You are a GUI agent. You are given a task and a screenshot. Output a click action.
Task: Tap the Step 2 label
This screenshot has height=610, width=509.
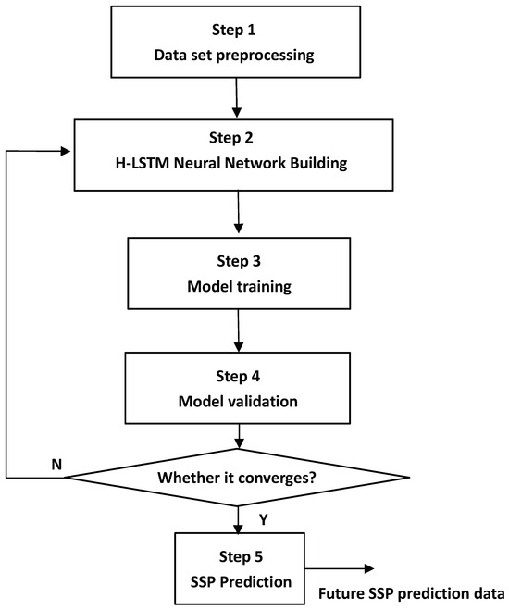tap(240, 140)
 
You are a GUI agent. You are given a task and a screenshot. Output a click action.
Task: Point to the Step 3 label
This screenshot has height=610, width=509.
tap(240, 260)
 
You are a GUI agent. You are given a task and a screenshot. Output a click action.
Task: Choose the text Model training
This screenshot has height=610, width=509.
tap(240, 287)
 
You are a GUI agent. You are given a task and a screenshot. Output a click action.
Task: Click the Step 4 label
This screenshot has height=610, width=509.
tap(240, 376)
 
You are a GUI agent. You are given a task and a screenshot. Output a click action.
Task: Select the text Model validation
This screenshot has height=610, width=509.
tap(240, 403)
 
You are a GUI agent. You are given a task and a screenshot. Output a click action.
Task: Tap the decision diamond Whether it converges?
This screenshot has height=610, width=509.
tap(240, 478)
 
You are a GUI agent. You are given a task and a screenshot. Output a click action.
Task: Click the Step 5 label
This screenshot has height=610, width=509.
tap(240, 557)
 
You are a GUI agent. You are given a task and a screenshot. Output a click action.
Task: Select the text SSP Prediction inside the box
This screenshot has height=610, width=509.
tap(240, 583)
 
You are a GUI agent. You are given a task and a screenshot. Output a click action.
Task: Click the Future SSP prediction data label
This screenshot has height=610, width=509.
tap(413, 593)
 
